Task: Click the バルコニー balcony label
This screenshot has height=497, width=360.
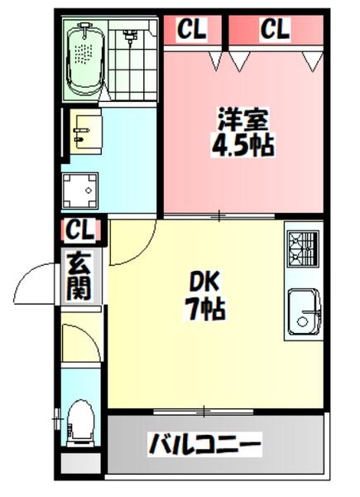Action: tap(204, 445)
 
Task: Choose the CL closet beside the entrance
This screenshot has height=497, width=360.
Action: tap(81, 228)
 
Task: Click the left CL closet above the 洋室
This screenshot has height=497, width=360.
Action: tap(192, 30)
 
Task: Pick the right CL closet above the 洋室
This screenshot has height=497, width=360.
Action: tap(276, 30)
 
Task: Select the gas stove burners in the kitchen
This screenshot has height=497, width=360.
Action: tap(302, 246)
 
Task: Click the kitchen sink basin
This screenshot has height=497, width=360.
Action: tap(303, 311)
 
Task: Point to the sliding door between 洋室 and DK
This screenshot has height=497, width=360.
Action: tap(219, 216)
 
